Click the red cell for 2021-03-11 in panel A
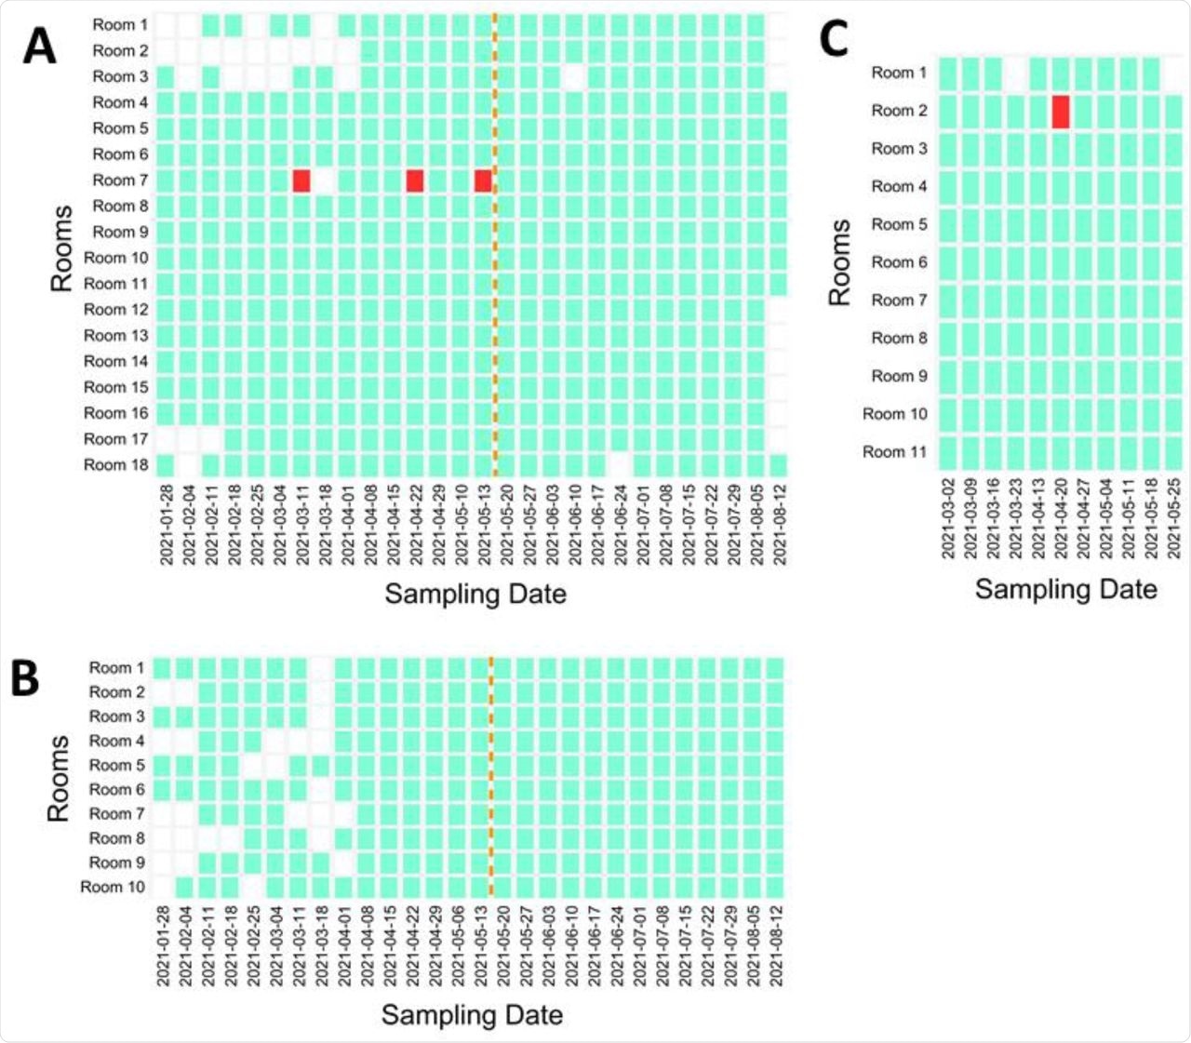click(x=301, y=181)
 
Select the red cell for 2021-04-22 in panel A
click(x=415, y=181)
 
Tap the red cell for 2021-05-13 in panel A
click(x=483, y=181)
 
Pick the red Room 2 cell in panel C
click(x=1061, y=112)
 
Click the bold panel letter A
click(x=39, y=46)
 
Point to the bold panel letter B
click(x=25, y=679)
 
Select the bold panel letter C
click(x=834, y=40)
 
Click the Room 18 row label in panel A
click(x=116, y=465)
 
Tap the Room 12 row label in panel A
click(x=116, y=310)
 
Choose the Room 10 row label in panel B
click(x=113, y=888)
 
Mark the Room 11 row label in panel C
click(x=895, y=452)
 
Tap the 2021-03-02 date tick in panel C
click(x=948, y=518)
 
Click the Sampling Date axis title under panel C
click(x=1065, y=589)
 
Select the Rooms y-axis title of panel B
click(x=59, y=778)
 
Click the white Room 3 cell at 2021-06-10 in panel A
click(x=574, y=76)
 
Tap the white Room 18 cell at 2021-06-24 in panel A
click(x=620, y=465)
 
